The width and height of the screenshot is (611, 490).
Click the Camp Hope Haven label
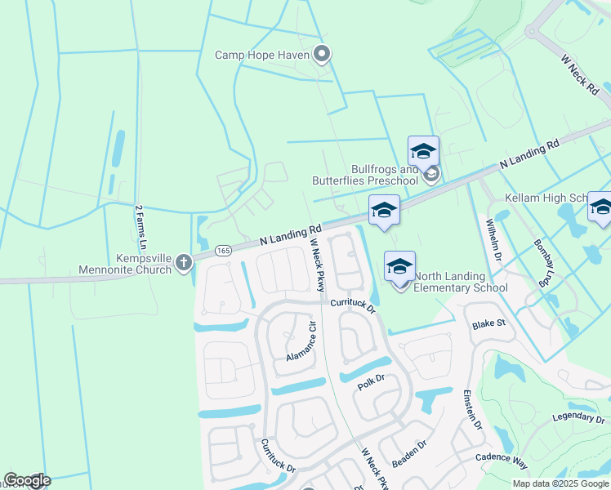point(262,56)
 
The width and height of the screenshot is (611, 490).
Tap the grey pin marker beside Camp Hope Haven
point(322,55)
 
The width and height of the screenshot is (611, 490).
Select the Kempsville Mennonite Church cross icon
point(184,261)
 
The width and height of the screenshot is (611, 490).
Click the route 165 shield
point(223,251)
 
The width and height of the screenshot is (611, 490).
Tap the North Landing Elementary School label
point(461,282)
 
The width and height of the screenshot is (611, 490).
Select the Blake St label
point(489,324)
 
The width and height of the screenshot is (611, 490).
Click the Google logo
point(27,481)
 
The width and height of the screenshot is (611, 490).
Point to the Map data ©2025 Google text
point(560,483)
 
